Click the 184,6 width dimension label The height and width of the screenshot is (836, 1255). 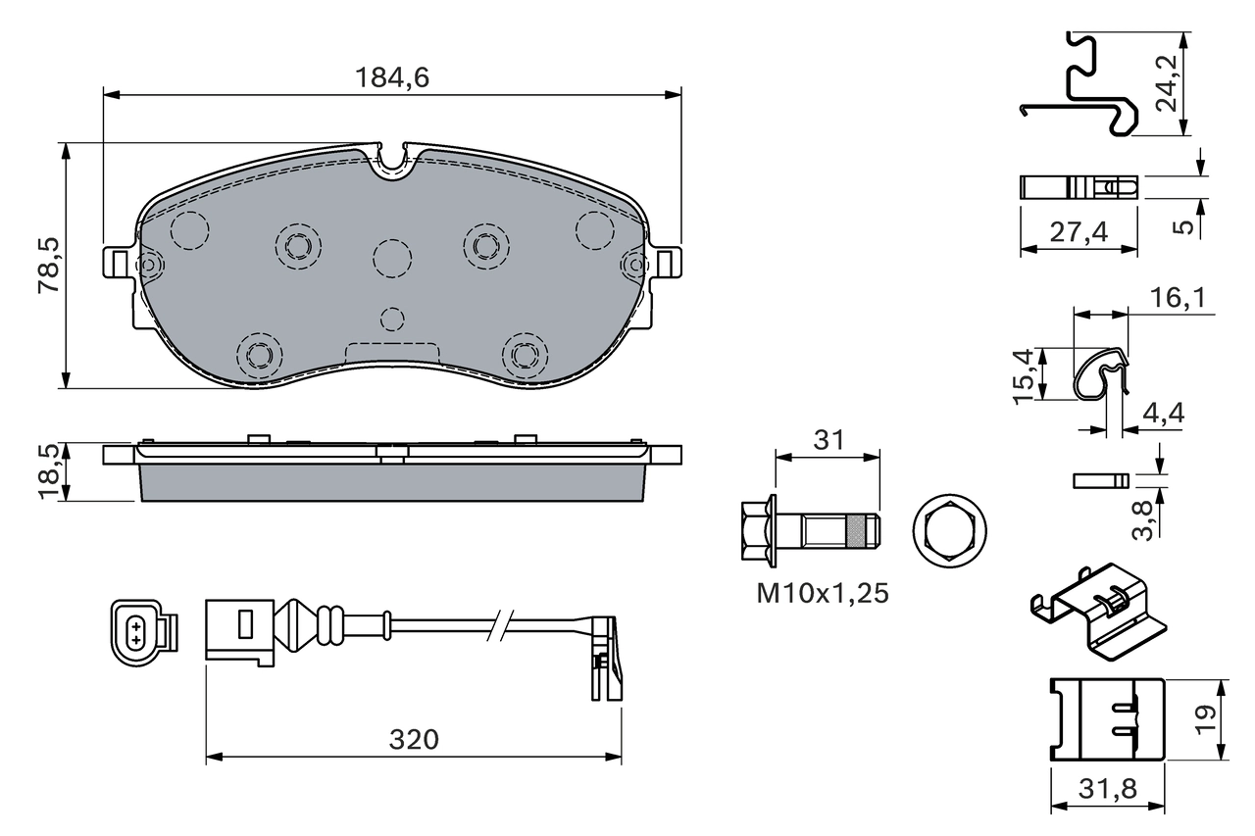391,78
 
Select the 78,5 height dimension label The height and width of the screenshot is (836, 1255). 48,266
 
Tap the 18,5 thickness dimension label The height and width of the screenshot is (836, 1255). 48,470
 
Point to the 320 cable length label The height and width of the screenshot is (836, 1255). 413,740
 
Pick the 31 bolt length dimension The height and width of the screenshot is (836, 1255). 828,441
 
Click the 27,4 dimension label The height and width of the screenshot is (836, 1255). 1078,232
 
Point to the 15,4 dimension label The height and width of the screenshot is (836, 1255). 1024,374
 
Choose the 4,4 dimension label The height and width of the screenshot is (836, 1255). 1163,413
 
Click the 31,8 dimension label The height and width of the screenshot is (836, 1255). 1108,789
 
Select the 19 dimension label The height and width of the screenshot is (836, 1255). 1208,719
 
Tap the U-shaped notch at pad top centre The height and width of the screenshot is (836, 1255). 393,161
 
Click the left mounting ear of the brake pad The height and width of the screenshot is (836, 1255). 118,263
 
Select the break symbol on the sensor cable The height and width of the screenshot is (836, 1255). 502,624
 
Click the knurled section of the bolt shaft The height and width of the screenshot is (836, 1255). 859,532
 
